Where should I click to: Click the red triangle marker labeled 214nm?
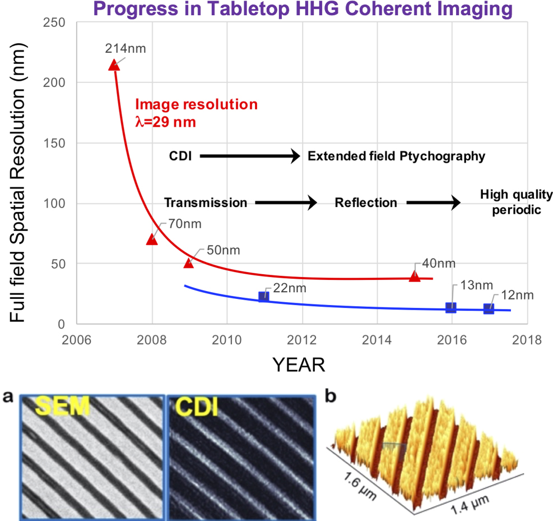click(114, 65)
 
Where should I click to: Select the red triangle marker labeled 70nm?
click(152, 239)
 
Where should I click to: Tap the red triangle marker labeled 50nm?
click(189, 262)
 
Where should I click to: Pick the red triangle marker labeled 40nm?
click(414, 276)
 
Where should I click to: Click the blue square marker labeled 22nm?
click(263, 296)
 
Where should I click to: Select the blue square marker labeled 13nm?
click(450, 307)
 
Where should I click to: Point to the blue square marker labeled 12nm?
click(489, 308)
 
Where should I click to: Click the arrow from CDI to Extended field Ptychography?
click(250, 156)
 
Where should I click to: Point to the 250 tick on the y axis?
click(55, 23)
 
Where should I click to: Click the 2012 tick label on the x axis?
click(302, 340)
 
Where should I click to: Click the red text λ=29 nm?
click(166, 121)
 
